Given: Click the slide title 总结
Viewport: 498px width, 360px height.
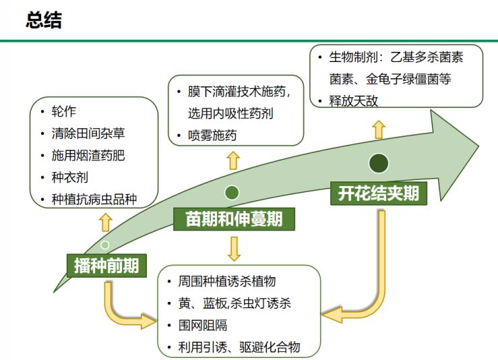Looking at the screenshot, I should [x=44, y=20].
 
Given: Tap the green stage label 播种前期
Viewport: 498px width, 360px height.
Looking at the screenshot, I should [x=107, y=266].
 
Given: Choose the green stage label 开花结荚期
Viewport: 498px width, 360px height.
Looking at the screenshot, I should [x=378, y=194].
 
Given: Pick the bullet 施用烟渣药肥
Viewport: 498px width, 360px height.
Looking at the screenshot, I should [x=88, y=156].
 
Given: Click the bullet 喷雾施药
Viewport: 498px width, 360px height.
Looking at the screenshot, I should [x=212, y=135].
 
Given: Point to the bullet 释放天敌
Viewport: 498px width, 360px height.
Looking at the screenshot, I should [x=354, y=101].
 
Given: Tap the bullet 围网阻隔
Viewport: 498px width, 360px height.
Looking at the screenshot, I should [x=203, y=325].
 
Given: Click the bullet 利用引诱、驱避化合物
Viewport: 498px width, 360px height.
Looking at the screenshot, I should [x=239, y=347].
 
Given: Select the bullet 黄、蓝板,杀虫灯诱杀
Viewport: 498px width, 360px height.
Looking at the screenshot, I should [x=235, y=303].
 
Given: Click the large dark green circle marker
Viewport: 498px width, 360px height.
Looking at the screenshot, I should [x=379, y=162].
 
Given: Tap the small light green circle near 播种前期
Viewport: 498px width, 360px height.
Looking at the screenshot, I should [x=105, y=244].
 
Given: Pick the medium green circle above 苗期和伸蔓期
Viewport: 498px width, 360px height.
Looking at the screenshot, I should [x=232, y=193].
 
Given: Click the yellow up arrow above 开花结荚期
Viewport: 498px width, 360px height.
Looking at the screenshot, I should [x=379, y=128].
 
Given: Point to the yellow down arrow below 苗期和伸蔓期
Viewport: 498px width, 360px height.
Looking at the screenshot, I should [x=234, y=248].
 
